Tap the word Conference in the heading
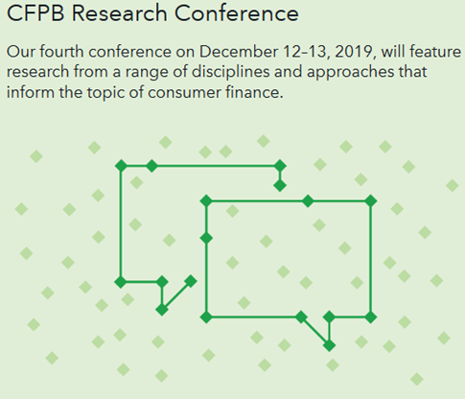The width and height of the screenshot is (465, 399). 237,13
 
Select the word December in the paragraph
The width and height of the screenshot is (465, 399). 239,52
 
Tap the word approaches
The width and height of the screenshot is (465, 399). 350,72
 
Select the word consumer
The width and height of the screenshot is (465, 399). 184,93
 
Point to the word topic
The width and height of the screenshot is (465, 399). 105,93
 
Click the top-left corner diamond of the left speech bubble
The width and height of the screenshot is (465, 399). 121,166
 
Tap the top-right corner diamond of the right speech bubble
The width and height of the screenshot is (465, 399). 371,201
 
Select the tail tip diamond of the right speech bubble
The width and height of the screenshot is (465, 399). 329,345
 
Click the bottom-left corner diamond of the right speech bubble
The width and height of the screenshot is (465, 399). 206,317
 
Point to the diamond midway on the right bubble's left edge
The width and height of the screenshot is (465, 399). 206,238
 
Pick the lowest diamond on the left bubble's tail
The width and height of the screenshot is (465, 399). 162,310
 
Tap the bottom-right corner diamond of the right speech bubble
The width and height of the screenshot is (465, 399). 371,317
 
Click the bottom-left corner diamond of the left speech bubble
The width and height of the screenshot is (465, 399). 121,282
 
